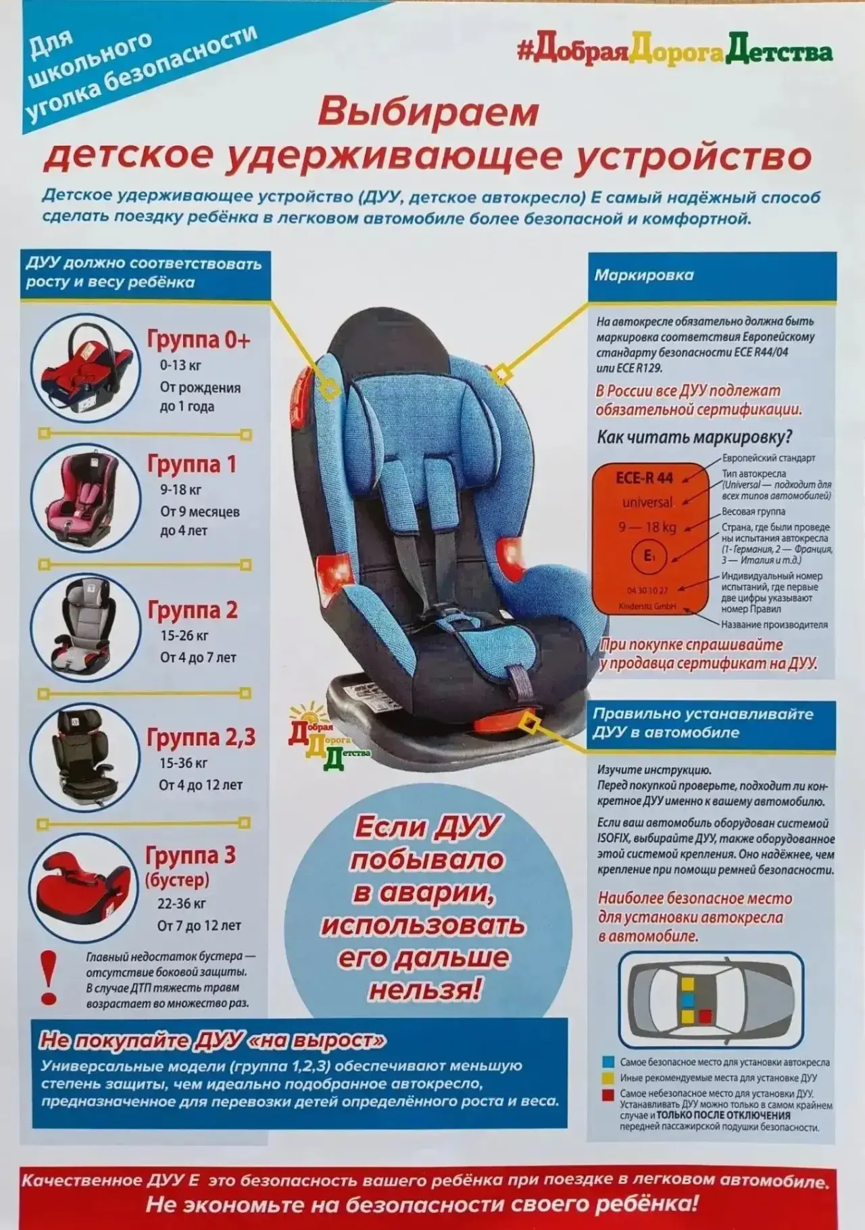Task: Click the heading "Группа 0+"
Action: click(x=199, y=339)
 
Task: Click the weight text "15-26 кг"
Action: click(x=184, y=636)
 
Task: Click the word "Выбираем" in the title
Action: click(x=428, y=111)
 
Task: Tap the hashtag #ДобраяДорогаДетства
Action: click(x=674, y=52)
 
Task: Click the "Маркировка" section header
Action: click(x=644, y=275)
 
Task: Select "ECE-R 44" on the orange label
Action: click(x=644, y=478)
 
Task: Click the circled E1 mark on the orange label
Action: click(x=649, y=557)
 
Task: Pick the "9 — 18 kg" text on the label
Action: click(x=647, y=527)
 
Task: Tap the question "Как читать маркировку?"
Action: click(x=694, y=437)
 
